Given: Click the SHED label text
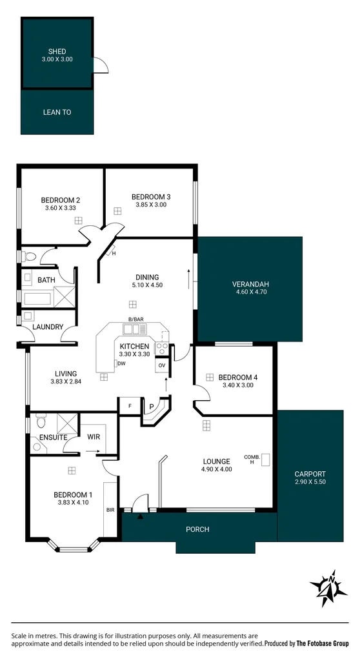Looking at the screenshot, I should coord(57,52).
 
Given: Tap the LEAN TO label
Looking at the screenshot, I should coord(57,112).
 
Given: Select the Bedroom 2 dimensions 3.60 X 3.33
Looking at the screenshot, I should coord(60,208).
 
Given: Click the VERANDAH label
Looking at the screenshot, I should coord(250,285).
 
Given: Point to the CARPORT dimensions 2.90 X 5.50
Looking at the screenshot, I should coord(310,482).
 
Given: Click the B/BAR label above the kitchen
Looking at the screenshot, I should coord(136,320).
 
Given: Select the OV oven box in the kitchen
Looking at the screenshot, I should coord(161,366).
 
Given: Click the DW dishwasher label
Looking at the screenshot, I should coord(121,364).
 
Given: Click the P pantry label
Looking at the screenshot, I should coord(152,407).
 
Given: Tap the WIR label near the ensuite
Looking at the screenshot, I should coord(94,437).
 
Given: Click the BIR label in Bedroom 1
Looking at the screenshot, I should coord(110,509).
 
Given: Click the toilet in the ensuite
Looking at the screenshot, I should coord(41,423).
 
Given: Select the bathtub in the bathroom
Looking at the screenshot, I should coord(37,299).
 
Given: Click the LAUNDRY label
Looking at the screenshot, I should coord(48,327).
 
